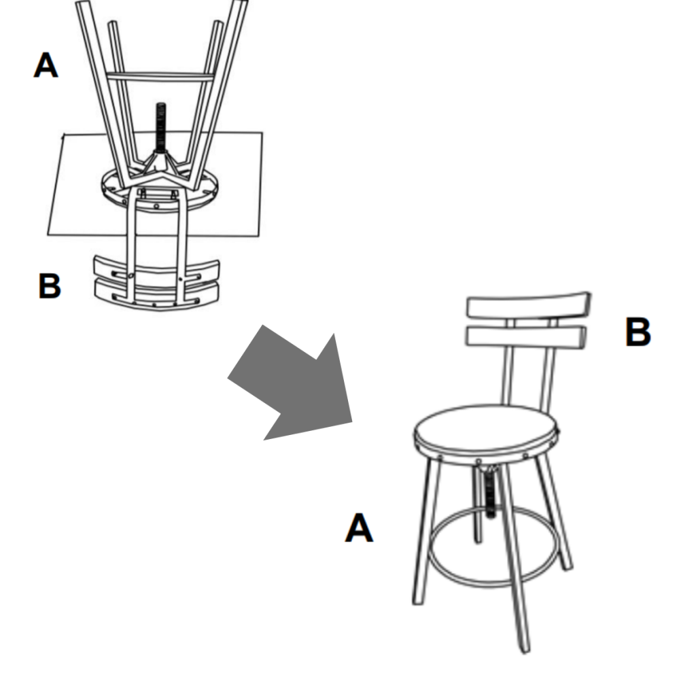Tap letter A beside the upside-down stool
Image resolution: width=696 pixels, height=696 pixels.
pos(46,67)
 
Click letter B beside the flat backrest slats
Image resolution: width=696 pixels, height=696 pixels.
pos(49,286)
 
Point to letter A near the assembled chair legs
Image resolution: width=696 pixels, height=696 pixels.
pos(359,528)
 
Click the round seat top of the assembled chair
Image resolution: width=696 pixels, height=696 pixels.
pos(484,428)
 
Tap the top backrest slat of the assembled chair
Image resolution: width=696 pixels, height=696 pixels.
pos(527,305)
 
